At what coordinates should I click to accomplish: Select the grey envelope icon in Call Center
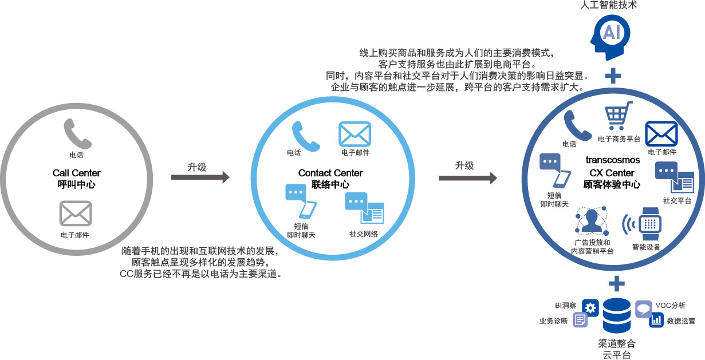[76, 213]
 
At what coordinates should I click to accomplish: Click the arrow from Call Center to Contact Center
[200, 178]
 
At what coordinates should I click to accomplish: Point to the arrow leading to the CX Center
[468, 178]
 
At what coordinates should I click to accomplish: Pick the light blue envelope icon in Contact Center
[355, 134]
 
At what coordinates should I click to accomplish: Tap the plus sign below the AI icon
[614, 76]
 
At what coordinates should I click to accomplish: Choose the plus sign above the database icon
[616, 283]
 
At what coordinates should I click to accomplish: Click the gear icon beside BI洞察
[590, 307]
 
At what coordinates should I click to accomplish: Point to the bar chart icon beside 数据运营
[656, 321]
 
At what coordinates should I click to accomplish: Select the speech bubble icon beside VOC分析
[643, 307]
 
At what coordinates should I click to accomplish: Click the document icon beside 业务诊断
[580, 321]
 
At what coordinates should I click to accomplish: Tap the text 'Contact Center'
[330, 173]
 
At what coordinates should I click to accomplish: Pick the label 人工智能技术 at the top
[612, 5]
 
